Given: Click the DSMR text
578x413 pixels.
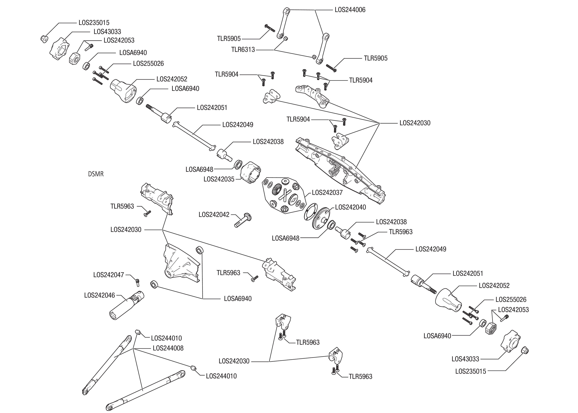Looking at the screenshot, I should tap(96, 174).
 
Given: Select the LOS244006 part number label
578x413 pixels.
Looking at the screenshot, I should tap(350, 10).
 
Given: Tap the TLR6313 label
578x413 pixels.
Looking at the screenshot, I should tap(243, 50).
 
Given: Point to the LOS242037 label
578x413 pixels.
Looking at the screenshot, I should tap(327, 193).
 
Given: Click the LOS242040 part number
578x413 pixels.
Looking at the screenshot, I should tap(350, 207).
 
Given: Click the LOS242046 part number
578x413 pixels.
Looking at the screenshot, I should tap(100, 295).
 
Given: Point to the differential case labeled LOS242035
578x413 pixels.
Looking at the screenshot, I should tap(250, 172).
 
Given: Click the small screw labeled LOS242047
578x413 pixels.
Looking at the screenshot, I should tap(137, 282).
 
